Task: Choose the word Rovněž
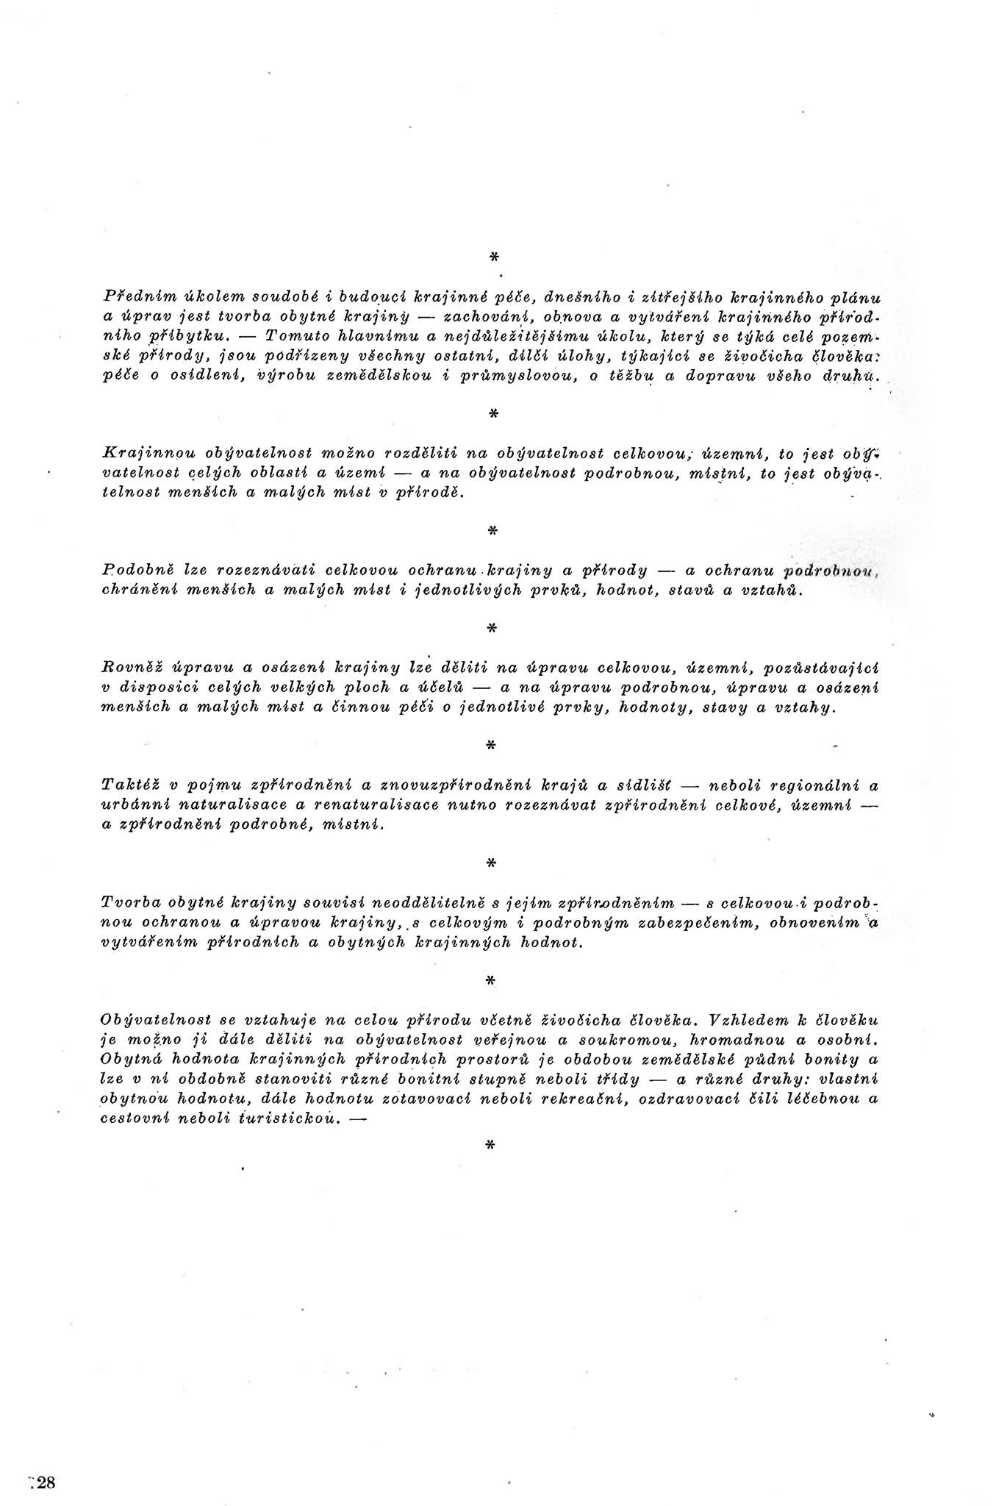[129, 668]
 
